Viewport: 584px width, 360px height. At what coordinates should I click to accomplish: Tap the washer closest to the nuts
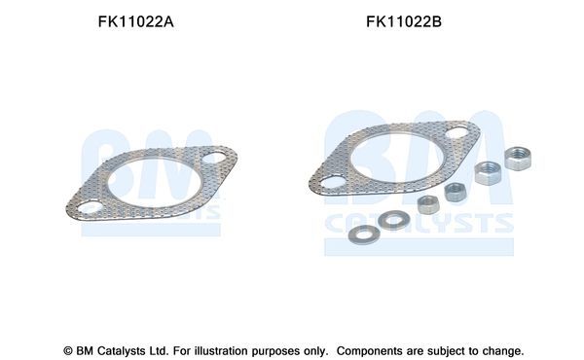point(393,220)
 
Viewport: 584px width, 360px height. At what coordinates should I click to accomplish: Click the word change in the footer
point(501,350)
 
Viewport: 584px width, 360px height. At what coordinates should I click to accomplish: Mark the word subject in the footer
point(449,350)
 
